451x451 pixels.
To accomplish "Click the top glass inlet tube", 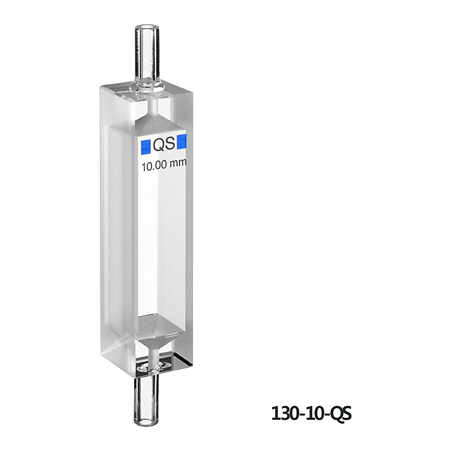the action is click(147, 55).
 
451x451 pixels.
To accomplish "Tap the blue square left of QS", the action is click(146, 147).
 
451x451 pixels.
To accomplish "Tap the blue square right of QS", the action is click(182, 142).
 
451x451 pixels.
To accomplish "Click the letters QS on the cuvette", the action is click(164, 144).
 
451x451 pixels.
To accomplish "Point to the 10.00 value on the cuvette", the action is click(154, 166).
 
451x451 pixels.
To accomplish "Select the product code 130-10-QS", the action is click(311, 414).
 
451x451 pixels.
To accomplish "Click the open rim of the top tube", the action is click(147, 29).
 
